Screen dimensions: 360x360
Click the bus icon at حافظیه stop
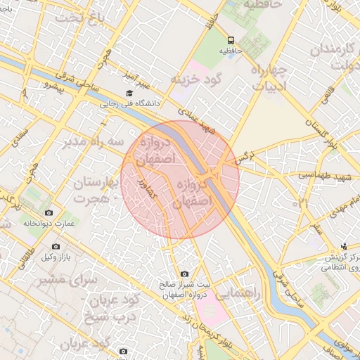(x=231, y=40)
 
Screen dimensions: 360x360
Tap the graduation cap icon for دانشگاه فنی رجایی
(x=129, y=93)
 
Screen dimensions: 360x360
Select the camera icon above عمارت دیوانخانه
(x=48, y=212)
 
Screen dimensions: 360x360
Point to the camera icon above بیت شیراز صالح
(x=184, y=274)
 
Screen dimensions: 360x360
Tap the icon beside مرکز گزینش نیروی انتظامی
(x=344, y=246)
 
